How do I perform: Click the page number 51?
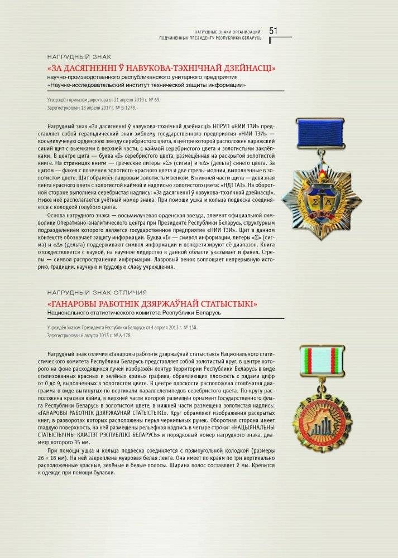coord(274,31)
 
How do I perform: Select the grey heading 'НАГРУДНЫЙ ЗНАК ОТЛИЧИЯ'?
coord(97,292)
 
